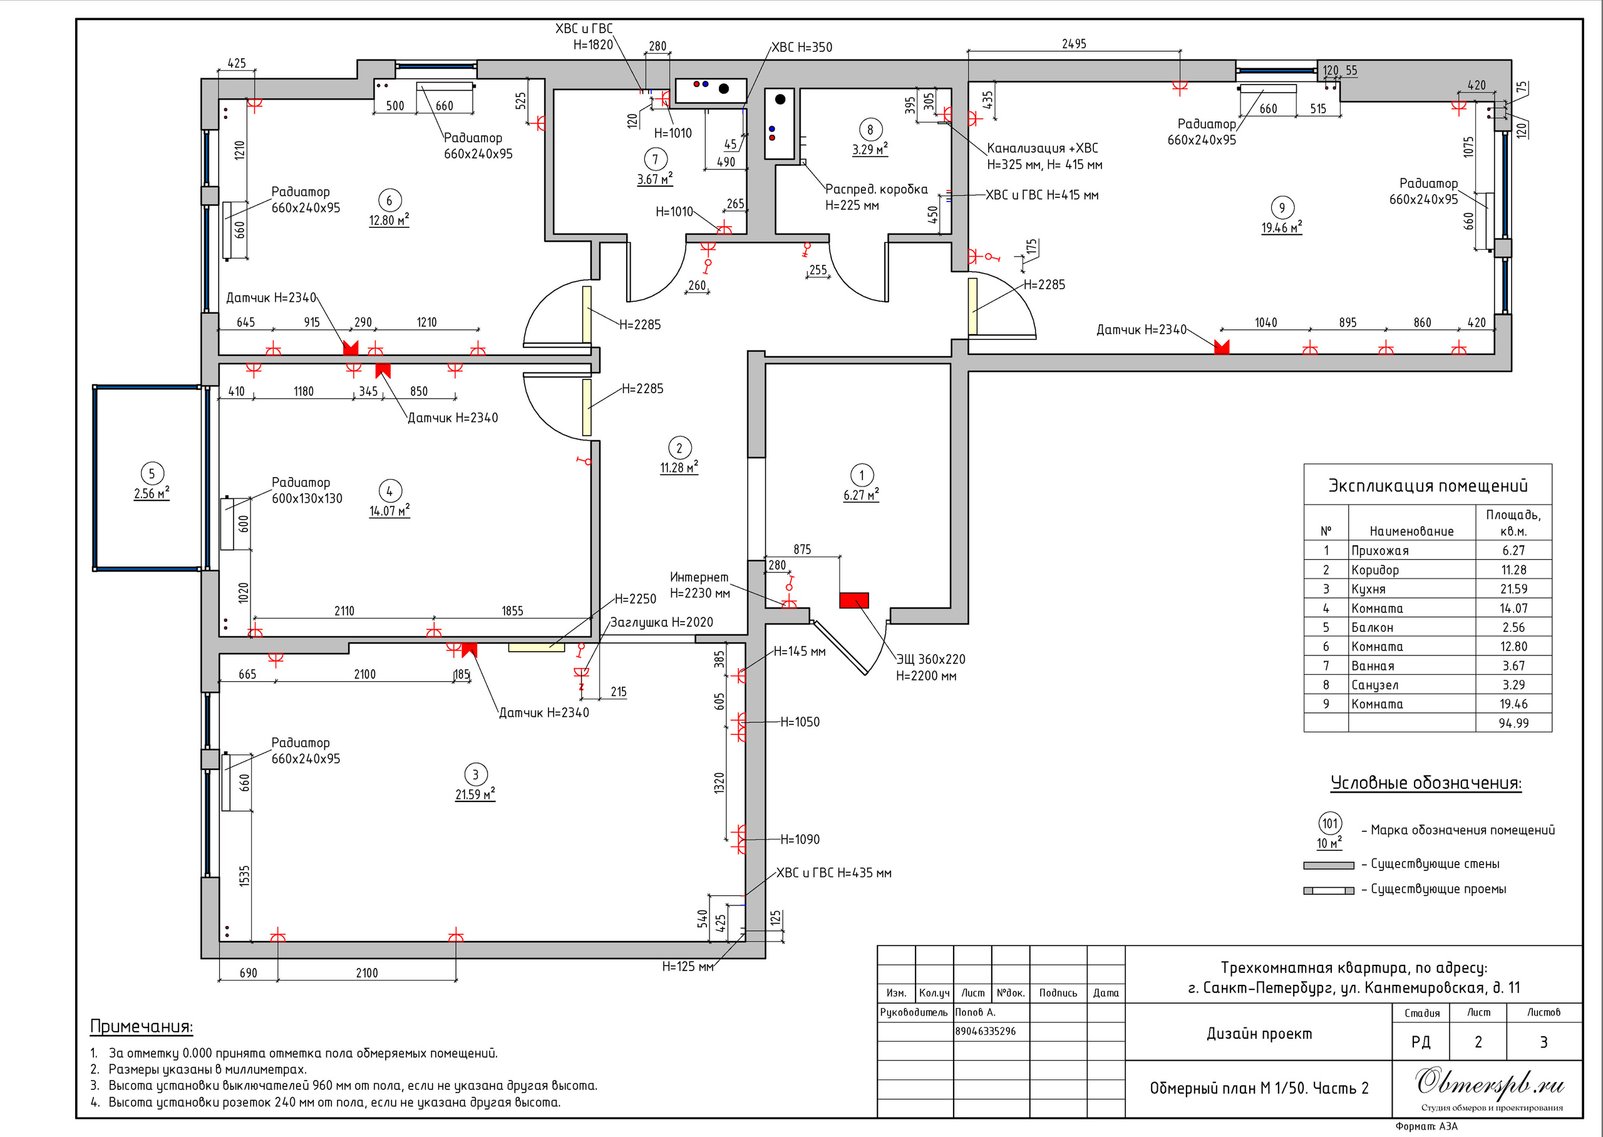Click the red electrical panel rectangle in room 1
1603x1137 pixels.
[854, 600]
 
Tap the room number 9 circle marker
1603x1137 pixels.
[1282, 207]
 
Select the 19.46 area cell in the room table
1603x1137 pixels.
[1513, 704]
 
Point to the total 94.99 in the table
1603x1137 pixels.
[1513, 723]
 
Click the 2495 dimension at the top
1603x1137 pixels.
[1074, 44]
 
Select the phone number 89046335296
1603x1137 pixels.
[986, 1031]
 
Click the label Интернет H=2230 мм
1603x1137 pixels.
[699, 585]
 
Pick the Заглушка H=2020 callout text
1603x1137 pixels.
[661, 622]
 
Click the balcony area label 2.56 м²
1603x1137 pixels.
[151, 493]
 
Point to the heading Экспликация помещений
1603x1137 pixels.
[1427, 486]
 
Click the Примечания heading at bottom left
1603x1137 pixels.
[141, 1026]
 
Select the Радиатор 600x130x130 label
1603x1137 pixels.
[307, 490]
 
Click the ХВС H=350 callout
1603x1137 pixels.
[801, 48]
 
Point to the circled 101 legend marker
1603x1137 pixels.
[1330, 823]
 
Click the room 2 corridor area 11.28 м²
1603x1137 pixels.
[678, 468]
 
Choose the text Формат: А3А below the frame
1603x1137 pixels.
[1426, 1126]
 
